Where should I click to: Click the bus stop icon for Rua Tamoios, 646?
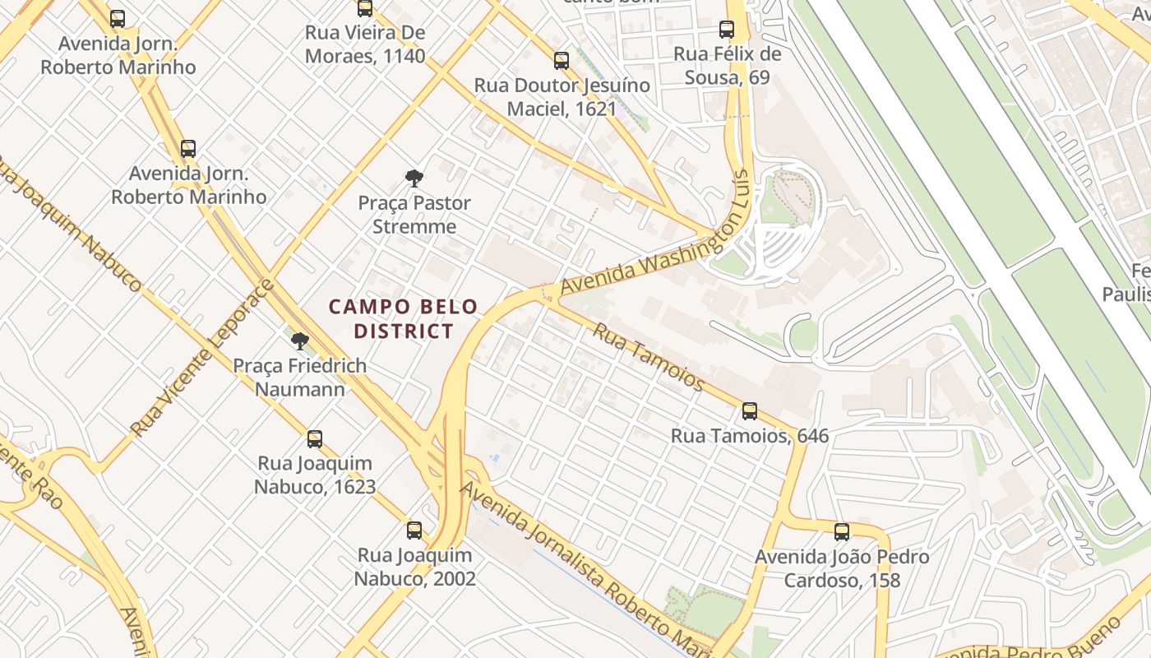tap(749, 411)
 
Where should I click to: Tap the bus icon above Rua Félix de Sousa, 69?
tap(727, 30)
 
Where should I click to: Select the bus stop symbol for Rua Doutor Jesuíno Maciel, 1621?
tap(562, 61)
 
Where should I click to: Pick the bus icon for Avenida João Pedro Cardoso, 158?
tap(841, 532)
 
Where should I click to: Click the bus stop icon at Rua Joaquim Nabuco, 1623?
tap(315, 439)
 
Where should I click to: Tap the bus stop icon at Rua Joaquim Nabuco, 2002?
tap(414, 531)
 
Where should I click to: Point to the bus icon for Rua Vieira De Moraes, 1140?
tap(365, 9)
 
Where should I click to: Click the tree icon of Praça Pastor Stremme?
tap(414, 178)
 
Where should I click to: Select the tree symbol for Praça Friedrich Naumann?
tap(300, 341)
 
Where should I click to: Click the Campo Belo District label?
tap(403, 319)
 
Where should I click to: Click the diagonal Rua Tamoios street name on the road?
tap(649, 357)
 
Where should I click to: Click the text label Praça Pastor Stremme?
tap(414, 215)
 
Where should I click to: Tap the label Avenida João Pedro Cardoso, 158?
tap(842, 568)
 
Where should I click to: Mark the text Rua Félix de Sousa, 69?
tap(727, 66)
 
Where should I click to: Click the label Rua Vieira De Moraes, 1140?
tap(365, 44)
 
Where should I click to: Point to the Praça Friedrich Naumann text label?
tap(300, 377)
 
